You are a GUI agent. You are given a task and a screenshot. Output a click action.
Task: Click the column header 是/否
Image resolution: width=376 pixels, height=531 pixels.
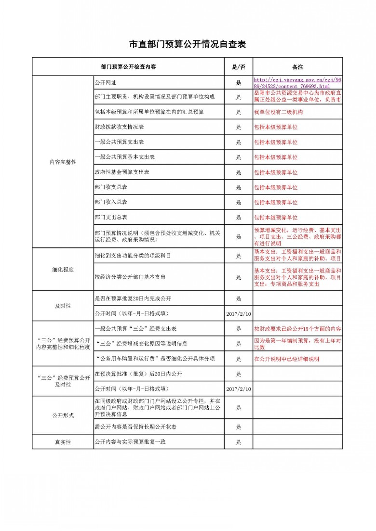click(239, 67)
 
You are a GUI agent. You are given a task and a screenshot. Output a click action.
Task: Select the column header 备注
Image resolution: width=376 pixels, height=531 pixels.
click(297, 67)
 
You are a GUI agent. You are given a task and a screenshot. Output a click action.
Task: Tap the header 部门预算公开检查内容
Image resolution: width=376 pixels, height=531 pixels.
click(128, 67)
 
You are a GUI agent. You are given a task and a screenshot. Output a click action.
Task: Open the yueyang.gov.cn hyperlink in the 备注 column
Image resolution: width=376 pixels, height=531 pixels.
click(297, 83)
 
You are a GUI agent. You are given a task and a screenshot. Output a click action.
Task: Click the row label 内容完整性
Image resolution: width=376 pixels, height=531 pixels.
click(63, 162)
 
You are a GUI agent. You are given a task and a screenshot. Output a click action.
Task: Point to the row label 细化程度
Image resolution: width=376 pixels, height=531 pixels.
click(63, 270)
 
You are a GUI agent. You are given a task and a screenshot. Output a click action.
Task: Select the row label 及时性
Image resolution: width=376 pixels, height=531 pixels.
click(63, 306)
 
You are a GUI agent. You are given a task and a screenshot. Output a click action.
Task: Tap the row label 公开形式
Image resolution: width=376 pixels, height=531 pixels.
click(63, 415)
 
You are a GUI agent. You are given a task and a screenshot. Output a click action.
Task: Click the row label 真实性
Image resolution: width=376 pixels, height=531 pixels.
click(63, 441)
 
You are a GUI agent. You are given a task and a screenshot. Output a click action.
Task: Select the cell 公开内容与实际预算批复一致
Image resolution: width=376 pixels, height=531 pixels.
click(130, 441)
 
